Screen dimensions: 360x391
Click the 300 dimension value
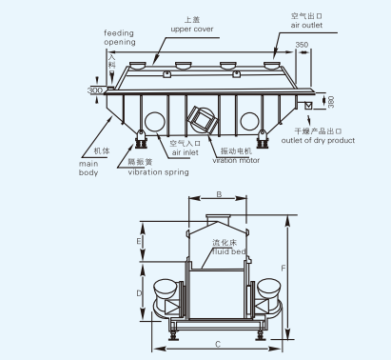pos(95,90)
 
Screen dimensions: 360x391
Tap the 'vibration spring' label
pos(157,172)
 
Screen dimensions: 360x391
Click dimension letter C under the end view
pos(219,343)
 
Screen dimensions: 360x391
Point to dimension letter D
pos(139,293)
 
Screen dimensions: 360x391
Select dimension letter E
pos(139,243)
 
